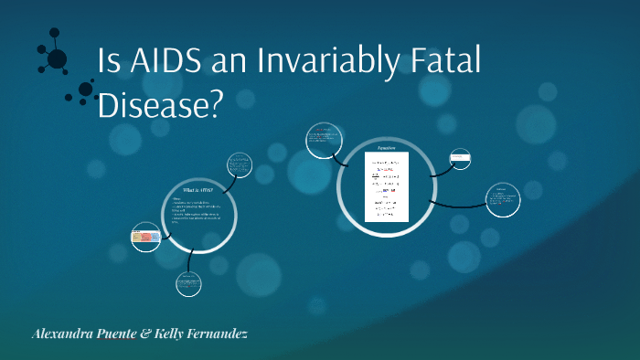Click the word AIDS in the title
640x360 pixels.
pyautogui.click(x=162, y=64)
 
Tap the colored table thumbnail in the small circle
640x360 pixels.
pyautogui.click(x=146, y=238)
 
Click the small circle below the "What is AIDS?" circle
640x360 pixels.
pyautogui.click(x=188, y=284)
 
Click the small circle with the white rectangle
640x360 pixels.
pyautogui.click(x=460, y=160)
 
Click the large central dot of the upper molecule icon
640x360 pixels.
pyautogui.click(x=57, y=59)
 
